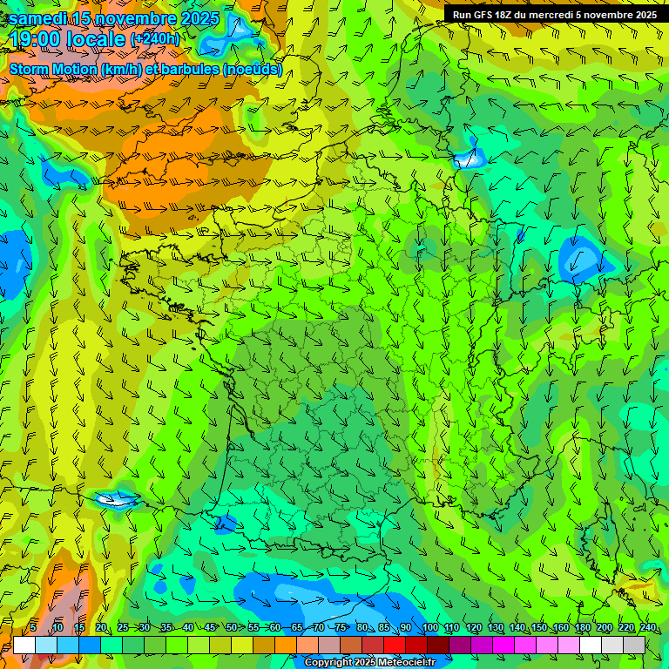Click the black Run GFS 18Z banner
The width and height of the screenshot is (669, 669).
point(555,15)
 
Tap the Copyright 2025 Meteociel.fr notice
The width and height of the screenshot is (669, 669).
point(369,663)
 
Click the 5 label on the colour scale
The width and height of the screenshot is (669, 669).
point(33,628)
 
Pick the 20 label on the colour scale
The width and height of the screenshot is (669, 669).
point(101,628)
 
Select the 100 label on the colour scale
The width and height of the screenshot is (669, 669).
point(429,628)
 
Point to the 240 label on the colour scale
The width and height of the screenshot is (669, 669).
point(647,628)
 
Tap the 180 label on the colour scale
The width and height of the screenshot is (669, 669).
point(582,628)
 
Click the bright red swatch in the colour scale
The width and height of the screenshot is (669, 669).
point(395,645)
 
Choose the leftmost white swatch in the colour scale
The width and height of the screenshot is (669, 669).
point(24,645)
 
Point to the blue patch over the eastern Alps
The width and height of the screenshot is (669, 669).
point(579,259)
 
